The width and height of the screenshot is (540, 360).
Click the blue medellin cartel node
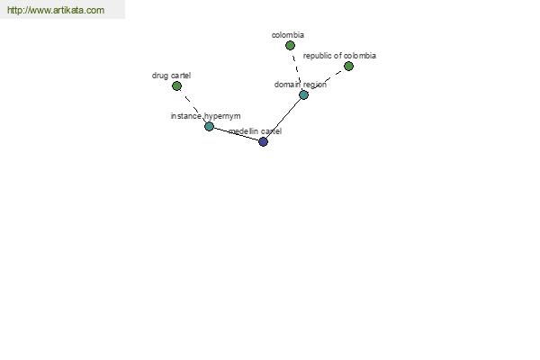pyautogui.click(x=263, y=141)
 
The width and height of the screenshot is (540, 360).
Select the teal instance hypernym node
pyautogui.click(x=209, y=126)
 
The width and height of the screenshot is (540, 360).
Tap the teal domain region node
pyautogui.click(x=303, y=94)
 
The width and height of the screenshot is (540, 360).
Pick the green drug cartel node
pyautogui.click(x=176, y=86)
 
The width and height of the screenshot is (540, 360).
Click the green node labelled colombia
pyautogui.click(x=290, y=46)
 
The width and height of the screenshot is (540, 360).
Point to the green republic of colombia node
pyautogui.click(x=348, y=66)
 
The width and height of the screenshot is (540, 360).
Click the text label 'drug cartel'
pyautogui.click(x=171, y=76)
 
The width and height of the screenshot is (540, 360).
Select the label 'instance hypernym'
pyautogui.click(x=205, y=116)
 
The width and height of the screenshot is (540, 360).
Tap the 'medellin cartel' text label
pyautogui.click(x=255, y=131)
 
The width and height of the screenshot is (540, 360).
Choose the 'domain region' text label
pyautogui.click(x=301, y=85)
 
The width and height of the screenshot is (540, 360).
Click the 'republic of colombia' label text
pyautogui.click(x=339, y=56)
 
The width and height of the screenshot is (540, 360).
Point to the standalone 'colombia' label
pyautogui.click(x=288, y=35)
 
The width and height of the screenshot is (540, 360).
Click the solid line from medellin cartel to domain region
pyautogui.click(x=283, y=118)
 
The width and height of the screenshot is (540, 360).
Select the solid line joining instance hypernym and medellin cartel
pyautogui.click(x=236, y=134)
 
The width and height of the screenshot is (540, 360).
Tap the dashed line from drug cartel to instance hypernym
pyautogui.click(x=193, y=106)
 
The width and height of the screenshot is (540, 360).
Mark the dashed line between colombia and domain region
pyautogui.click(x=296, y=70)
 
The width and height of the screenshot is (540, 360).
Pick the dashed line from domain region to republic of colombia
pyautogui.click(x=326, y=80)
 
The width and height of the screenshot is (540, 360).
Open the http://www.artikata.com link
pyautogui.click(x=56, y=10)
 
